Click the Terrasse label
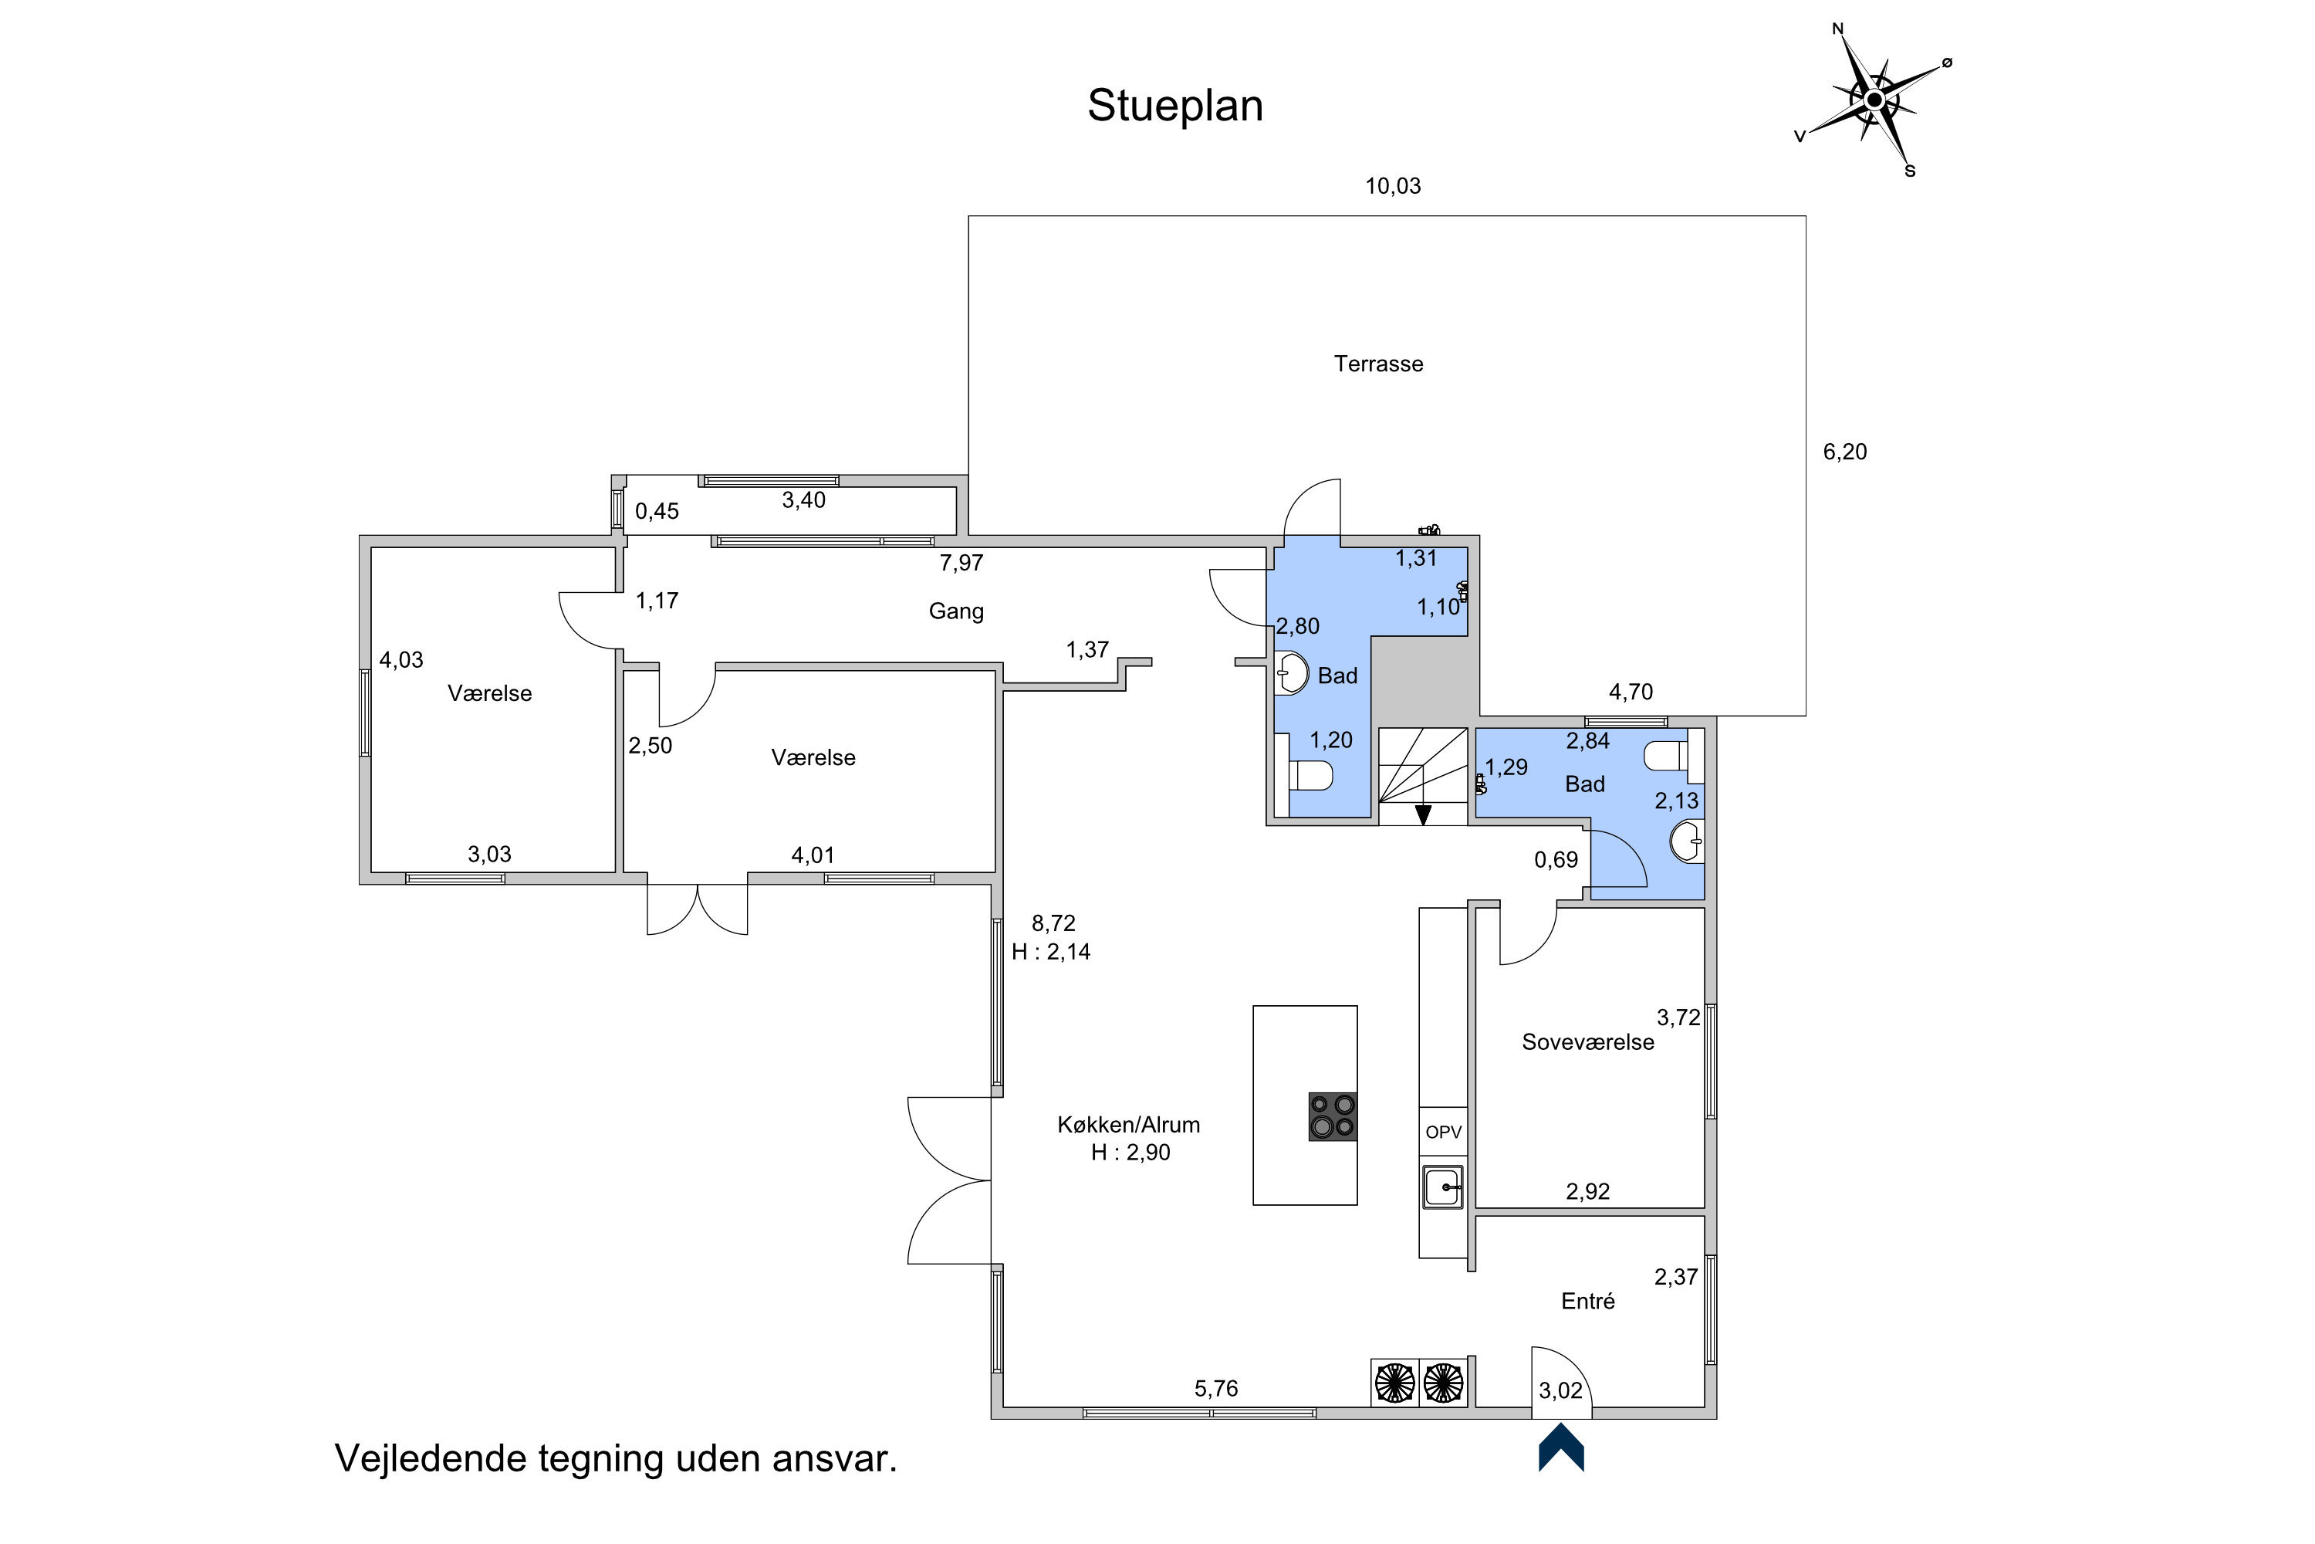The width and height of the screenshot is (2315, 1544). (x=1378, y=364)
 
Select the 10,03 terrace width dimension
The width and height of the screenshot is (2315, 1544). (x=1393, y=186)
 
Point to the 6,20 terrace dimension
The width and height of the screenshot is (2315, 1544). (x=1844, y=452)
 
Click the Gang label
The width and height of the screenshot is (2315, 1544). (x=956, y=611)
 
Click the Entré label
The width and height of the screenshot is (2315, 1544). (x=1587, y=1302)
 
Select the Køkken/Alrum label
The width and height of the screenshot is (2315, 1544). (x=1128, y=1125)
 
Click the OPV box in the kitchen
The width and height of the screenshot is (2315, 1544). (x=1443, y=1133)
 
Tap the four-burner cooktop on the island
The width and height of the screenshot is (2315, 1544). (x=1333, y=1116)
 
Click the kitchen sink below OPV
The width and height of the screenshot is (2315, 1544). (x=1443, y=1187)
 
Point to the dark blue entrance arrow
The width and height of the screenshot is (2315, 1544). (x=1561, y=1448)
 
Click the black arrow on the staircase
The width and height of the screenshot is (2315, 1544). (x=1423, y=814)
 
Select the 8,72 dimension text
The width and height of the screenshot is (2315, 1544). (x=1053, y=923)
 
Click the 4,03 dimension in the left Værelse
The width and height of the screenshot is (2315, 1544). (x=401, y=661)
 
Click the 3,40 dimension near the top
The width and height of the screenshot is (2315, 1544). (x=803, y=500)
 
